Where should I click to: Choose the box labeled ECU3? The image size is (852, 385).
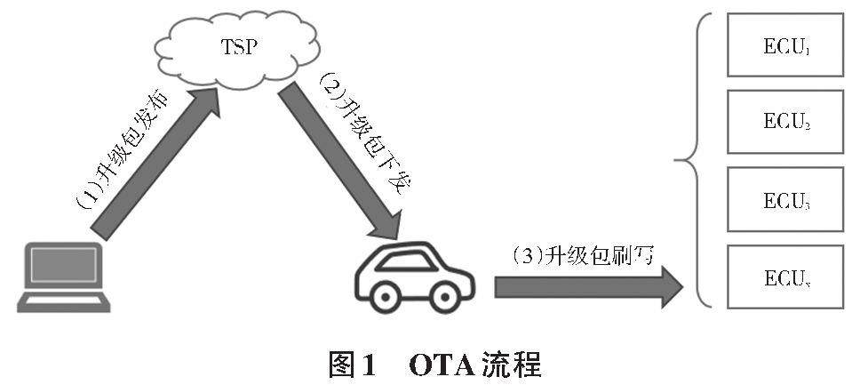tap(784, 199)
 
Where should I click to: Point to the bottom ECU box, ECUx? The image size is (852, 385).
tap(784, 276)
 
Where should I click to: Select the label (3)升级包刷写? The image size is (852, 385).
tap(583, 256)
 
